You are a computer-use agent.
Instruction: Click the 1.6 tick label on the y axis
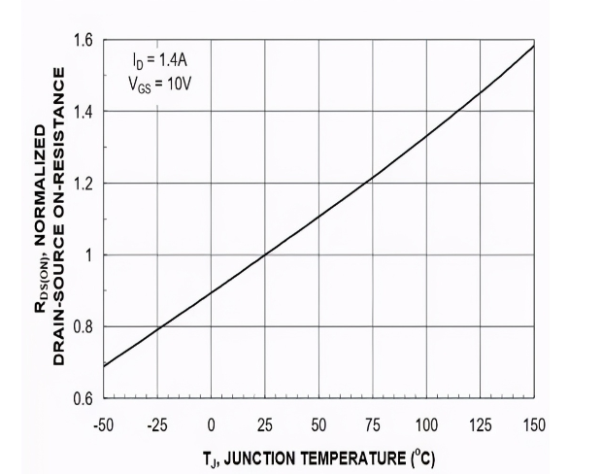pyautogui.click(x=84, y=40)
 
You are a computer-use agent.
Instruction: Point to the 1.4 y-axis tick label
pyautogui.click(x=84, y=112)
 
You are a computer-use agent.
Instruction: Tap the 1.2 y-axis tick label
pyautogui.click(x=84, y=184)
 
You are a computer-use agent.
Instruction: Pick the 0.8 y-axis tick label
pyautogui.click(x=84, y=327)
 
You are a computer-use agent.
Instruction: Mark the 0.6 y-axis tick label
pyautogui.click(x=84, y=398)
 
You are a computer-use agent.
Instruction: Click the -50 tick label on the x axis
pyautogui.click(x=103, y=424)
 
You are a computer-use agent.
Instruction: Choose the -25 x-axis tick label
pyautogui.click(x=156, y=424)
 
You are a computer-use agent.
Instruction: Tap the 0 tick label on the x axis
pyautogui.click(x=211, y=424)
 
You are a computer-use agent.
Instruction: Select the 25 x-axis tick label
pyautogui.click(x=265, y=424)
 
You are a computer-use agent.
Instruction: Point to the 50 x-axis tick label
pyautogui.click(x=318, y=424)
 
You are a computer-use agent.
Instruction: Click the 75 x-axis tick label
pyautogui.click(x=373, y=424)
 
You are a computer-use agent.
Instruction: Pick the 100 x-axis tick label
pyautogui.click(x=426, y=424)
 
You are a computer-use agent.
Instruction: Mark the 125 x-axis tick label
pyautogui.click(x=481, y=424)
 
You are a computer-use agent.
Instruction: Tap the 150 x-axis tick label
pyautogui.click(x=534, y=424)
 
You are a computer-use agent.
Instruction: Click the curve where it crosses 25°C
pyautogui.click(x=265, y=255)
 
